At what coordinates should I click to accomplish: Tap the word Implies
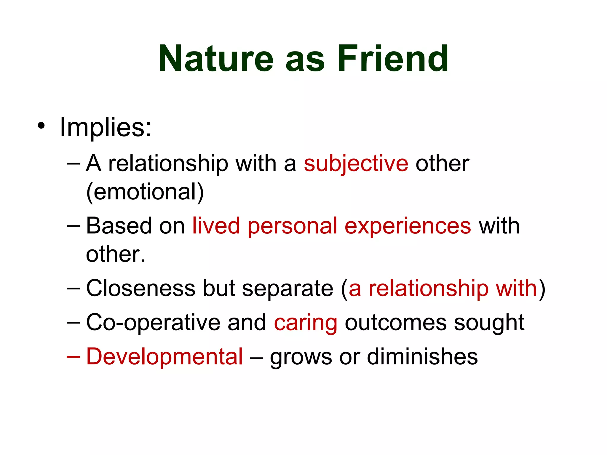pos(105,127)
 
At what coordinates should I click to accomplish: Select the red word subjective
pos(356,164)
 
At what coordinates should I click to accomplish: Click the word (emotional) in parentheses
pos(145,192)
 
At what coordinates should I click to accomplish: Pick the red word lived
pos(216,226)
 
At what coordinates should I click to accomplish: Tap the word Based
pos(119,226)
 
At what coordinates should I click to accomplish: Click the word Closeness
pos(140,288)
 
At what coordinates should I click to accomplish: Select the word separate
pos(287,289)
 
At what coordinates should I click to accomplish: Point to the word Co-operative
pos(153,322)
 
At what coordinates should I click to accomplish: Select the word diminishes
pos(422,356)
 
